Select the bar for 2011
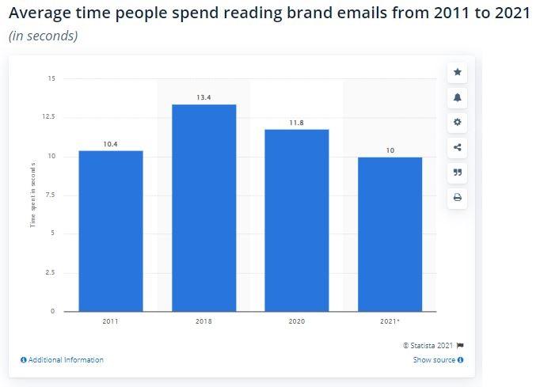tap(111, 230)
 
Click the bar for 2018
tap(203, 207)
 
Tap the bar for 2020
tap(296, 220)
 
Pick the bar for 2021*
tap(390, 234)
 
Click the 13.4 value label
tap(203, 97)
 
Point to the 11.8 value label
tap(296, 123)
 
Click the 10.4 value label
tap(111, 144)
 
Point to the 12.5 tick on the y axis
tap(49, 117)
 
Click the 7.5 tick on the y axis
tap(51, 195)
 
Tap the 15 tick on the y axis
tap(51, 78)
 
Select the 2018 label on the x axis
tap(203, 321)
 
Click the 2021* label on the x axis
tap(390, 321)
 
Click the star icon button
tap(458, 72)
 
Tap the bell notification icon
tap(458, 97)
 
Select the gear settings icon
tap(458, 122)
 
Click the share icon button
tap(458, 147)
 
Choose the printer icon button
tap(458, 197)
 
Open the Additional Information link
tap(63, 360)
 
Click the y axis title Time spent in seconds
tap(33, 195)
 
